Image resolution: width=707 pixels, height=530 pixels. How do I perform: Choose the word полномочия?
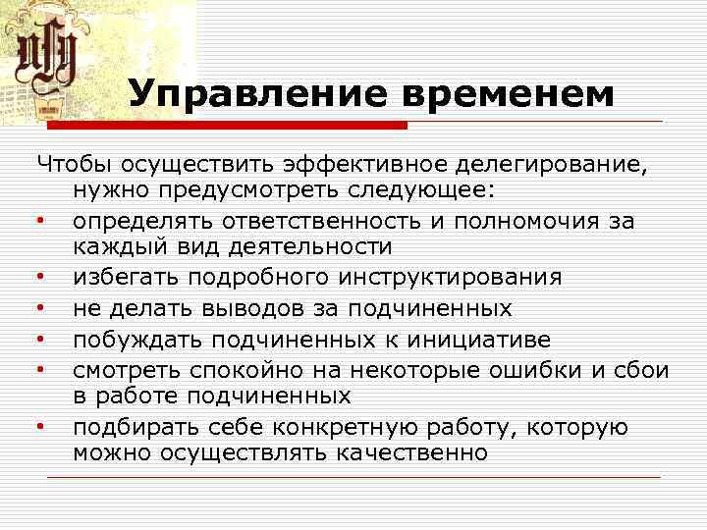(515, 221)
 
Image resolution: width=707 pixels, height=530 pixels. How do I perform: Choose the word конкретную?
(336, 427)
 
